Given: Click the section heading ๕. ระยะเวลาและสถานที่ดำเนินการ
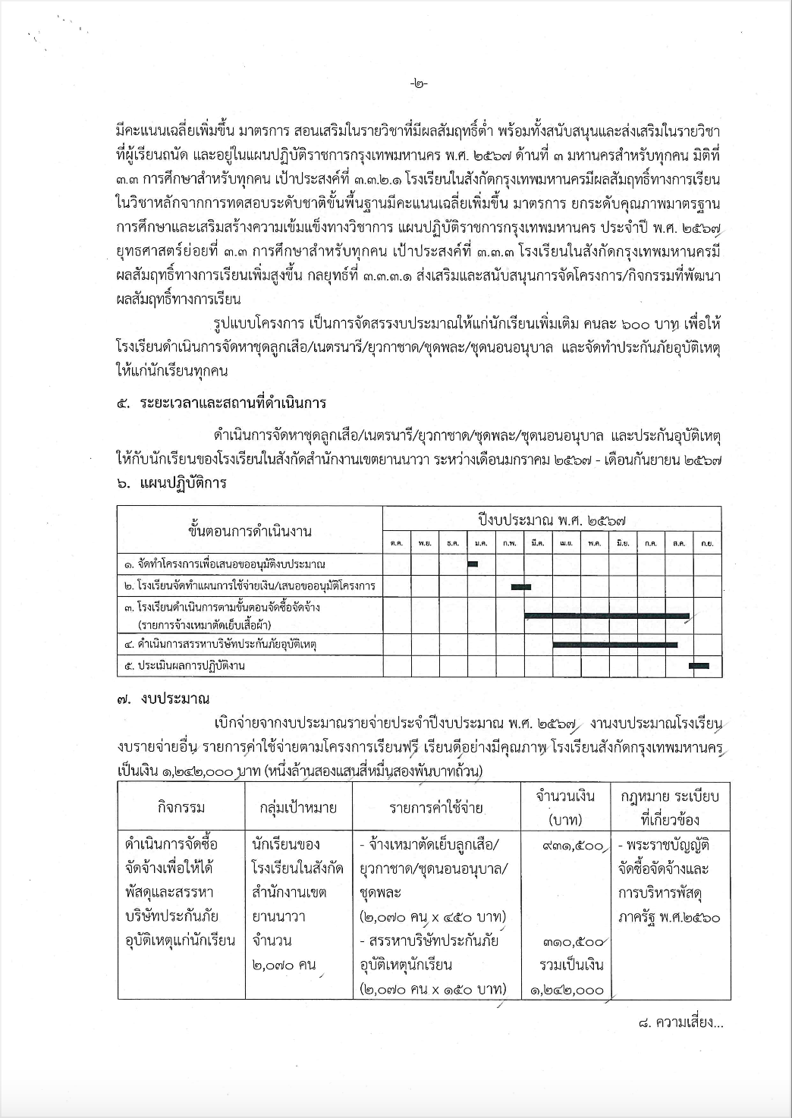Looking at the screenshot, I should (222, 402).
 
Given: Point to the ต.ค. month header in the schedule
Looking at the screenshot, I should (396, 543).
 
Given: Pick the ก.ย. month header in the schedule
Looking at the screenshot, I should (706, 543).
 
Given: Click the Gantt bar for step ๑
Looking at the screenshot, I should (473, 563).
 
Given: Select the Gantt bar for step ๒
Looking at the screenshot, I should (521, 586).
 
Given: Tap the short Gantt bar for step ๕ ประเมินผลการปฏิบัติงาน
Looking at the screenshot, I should (699, 665).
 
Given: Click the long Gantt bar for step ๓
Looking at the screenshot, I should (607, 615).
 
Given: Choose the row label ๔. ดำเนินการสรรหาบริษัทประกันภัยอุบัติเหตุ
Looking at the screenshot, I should (220, 644).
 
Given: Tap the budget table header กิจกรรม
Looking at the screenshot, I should (181, 807).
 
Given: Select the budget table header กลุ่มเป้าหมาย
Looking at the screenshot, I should (298, 807).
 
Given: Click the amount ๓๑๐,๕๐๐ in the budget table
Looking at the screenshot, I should (574, 942).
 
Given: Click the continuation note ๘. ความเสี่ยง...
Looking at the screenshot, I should (680, 1022).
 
